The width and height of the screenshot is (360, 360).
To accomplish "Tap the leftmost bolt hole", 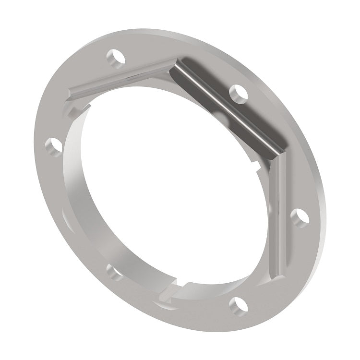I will tap(55, 143).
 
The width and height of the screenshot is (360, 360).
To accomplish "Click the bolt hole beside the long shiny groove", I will tap(237, 92).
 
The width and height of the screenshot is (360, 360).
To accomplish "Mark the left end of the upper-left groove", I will tap(72, 94).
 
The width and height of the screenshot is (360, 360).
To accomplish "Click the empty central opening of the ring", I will tap(168, 192).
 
